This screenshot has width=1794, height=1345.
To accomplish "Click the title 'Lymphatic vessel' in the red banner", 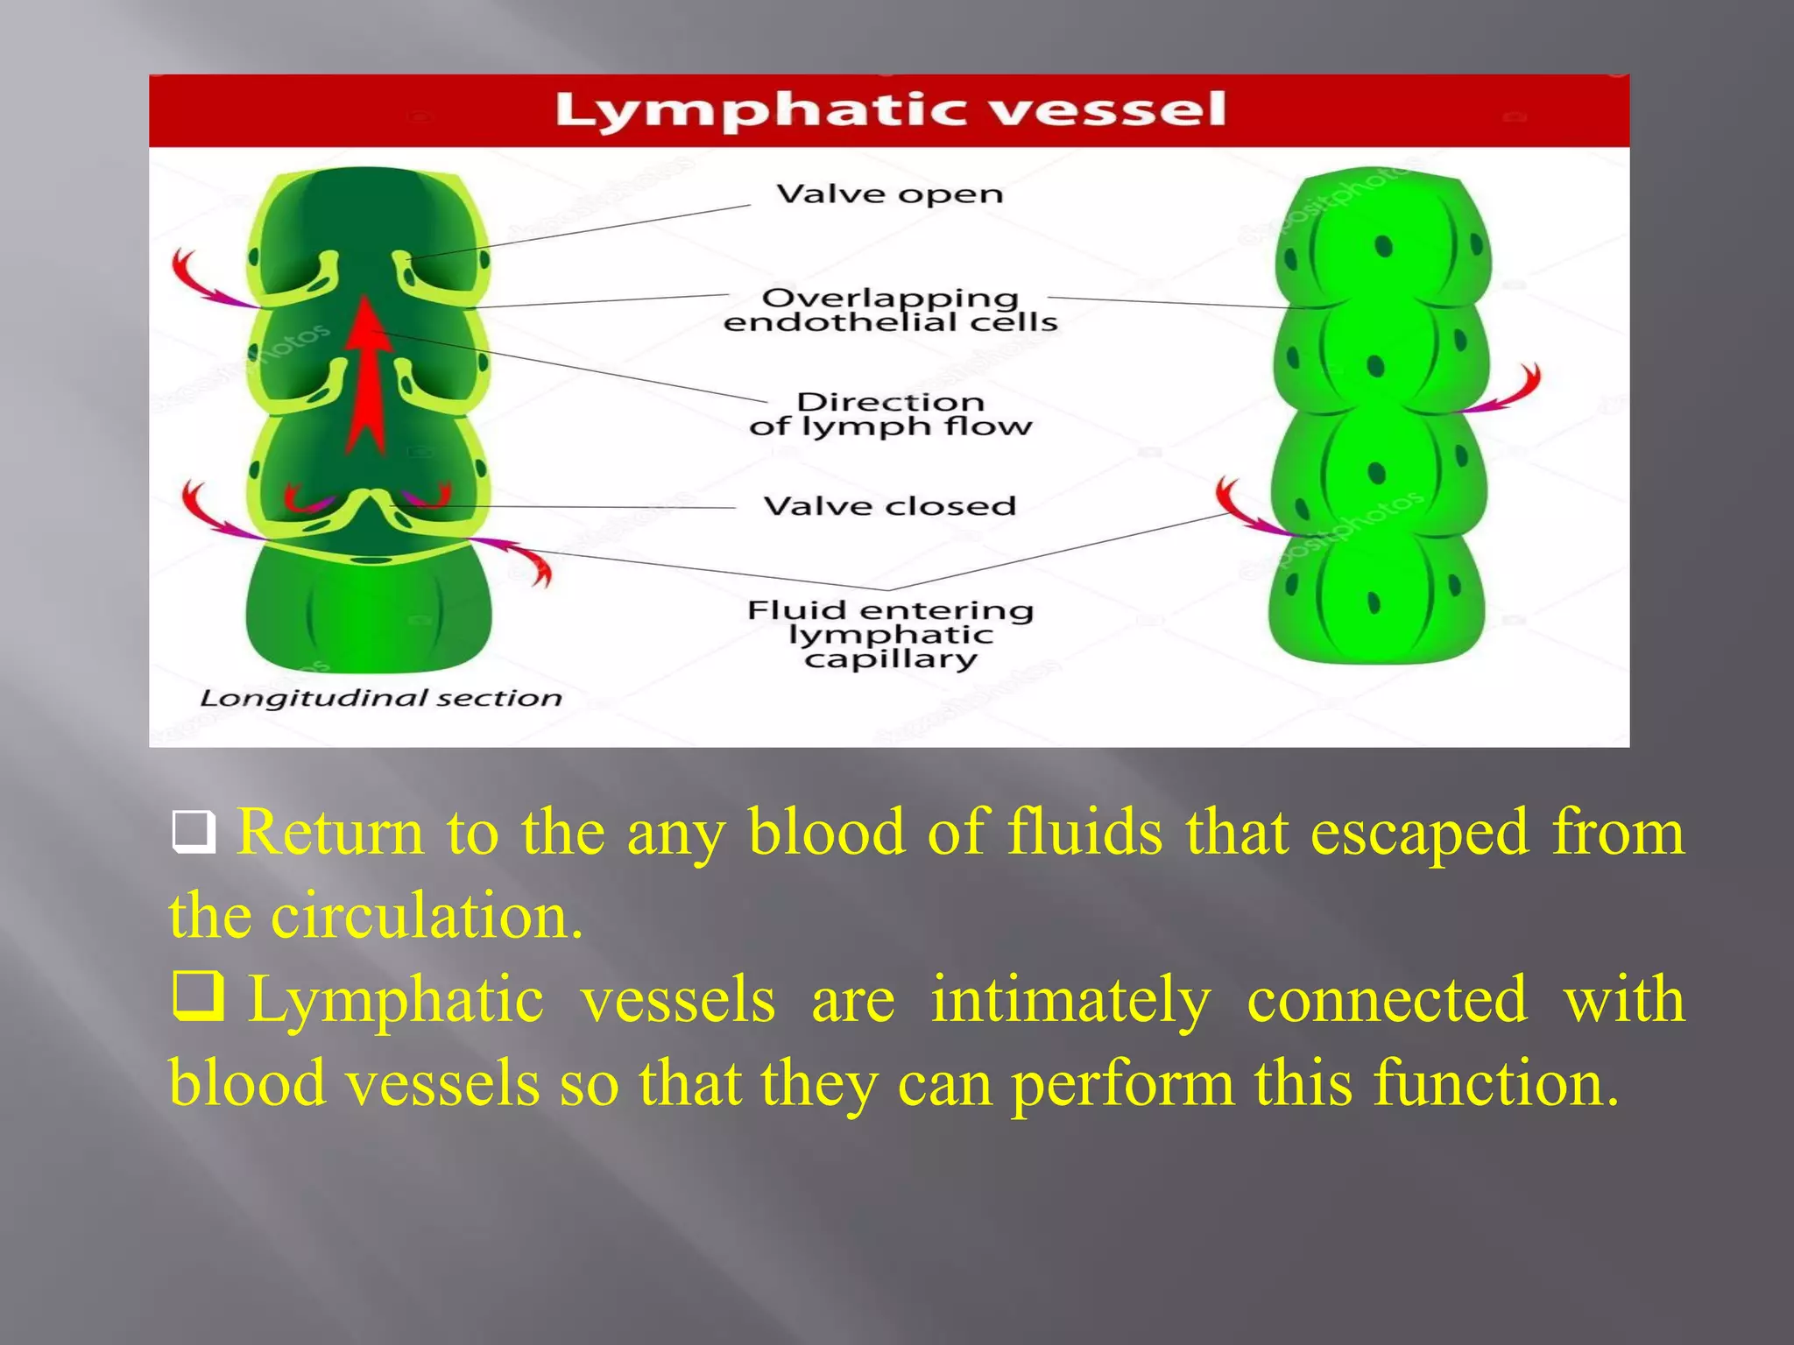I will tap(890, 111).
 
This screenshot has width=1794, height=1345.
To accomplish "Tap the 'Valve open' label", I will tap(889, 194).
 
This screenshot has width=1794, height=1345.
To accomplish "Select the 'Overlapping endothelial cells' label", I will tap(890, 310).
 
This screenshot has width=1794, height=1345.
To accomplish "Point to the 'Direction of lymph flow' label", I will tap(890, 414).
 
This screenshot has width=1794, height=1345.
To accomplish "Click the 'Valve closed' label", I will tap(889, 506).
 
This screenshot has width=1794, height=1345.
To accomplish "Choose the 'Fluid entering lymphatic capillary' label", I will tap(890, 634).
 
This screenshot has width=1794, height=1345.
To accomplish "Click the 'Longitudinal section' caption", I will tap(380, 698).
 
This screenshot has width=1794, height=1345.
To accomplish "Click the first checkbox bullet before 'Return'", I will tap(194, 833).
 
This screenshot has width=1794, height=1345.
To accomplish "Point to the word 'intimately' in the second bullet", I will tap(1070, 1000).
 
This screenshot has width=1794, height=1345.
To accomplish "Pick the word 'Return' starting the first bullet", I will tap(330, 832).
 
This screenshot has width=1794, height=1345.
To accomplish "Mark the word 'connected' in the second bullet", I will tap(1387, 1000).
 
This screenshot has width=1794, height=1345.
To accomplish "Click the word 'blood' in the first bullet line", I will tap(827, 832).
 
